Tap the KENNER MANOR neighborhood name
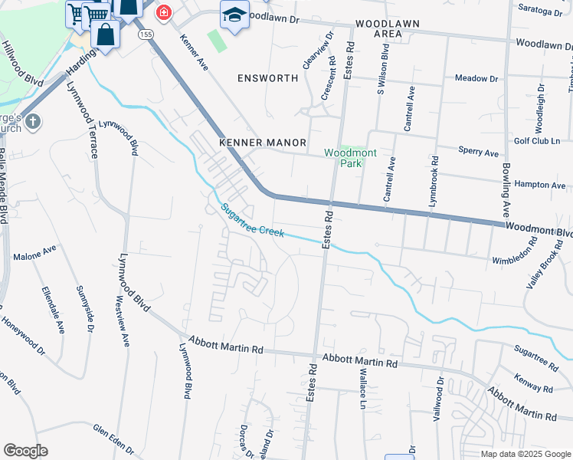[x=263, y=143]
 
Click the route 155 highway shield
[x=146, y=35]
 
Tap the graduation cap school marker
[x=234, y=15]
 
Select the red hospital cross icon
[x=163, y=13]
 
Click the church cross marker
[x=31, y=121]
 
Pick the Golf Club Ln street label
[x=539, y=140]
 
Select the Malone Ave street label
[x=35, y=250]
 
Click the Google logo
[x=25, y=451]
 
